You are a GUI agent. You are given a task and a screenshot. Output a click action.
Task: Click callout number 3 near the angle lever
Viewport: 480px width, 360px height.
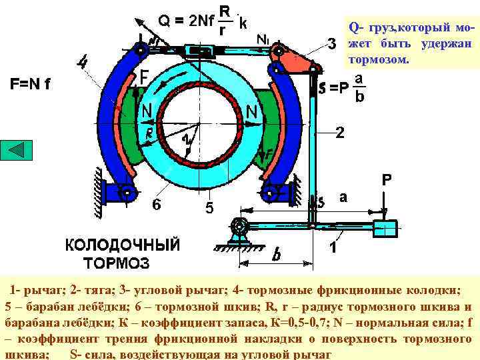(x=331, y=45)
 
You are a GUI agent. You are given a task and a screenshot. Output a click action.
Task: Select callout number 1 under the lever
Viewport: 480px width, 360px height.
(x=333, y=249)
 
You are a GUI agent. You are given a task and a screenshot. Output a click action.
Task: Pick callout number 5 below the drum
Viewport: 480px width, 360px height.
(x=209, y=209)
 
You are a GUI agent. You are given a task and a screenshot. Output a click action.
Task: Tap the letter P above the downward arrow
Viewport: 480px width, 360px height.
(x=387, y=180)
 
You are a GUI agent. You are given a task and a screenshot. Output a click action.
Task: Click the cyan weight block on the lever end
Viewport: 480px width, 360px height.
(x=385, y=229)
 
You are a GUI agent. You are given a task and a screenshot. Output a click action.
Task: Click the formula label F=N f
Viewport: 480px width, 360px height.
(x=31, y=85)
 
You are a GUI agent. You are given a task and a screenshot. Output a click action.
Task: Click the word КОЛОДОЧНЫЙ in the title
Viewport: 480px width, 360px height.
(x=122, y=245)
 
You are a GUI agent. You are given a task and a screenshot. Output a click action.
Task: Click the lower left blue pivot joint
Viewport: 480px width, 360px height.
(x=127, y=193)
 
